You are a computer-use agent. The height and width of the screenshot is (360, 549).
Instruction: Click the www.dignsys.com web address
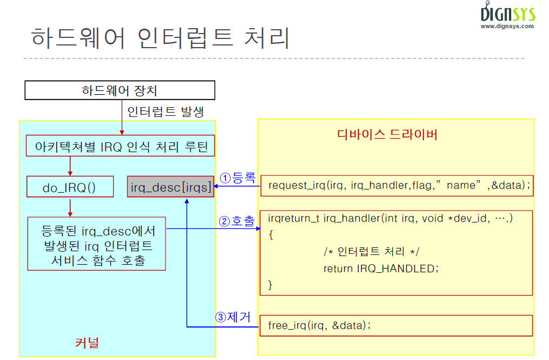pos(507,26)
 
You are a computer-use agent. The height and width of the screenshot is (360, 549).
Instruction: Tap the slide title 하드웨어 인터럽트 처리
pos(161,38)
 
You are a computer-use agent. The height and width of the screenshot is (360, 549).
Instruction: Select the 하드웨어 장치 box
pos(120,90)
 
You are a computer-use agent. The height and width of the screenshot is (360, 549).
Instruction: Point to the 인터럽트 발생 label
pos(165,112)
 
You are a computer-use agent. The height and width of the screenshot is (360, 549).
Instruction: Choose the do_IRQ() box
pos(70,187)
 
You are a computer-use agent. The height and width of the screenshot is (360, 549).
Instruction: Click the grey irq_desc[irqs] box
pos(170,187)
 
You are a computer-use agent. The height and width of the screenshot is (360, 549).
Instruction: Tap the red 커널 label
pos(87,342)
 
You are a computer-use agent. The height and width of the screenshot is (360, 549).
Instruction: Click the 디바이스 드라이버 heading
pos(387,134)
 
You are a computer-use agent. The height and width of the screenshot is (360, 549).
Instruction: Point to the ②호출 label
pos(236,221)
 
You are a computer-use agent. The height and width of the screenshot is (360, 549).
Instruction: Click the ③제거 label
pos(233,318)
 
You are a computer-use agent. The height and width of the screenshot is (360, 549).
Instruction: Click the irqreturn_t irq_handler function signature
pos(390,218)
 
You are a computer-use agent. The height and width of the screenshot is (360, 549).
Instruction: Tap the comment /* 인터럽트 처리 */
pos(371,252)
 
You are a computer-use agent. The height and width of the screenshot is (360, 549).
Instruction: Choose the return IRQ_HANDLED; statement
pos(381,268)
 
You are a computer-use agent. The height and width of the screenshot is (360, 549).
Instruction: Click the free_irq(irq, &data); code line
pos(319,325)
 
